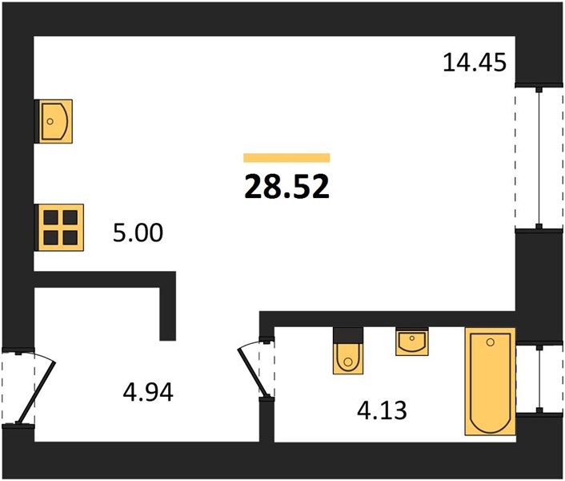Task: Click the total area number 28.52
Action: (x=287, y=187)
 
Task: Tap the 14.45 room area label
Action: (x=475, y=63)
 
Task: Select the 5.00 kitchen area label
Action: (x=138, y=232)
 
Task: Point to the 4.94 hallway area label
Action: (x=148, y=392)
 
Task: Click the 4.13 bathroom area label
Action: (x=382, y=410)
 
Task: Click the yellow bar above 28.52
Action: (x=287, y=158)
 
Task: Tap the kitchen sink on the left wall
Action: (x=55, y=121)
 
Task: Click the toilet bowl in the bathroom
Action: (x=347, y=358)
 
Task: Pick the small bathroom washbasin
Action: (x=412, y=342)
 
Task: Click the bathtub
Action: (x=490, y=381)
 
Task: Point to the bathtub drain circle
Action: (x=490, y=342)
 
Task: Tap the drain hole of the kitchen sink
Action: (x=50, y=122)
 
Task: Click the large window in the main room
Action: (x=539, y=158)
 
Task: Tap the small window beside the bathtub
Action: (x=539, y=378)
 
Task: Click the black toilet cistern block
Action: (x=347, y=335)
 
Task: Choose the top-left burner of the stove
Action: (x=50, y=217)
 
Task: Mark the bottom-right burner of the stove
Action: (x=70, y=238)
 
